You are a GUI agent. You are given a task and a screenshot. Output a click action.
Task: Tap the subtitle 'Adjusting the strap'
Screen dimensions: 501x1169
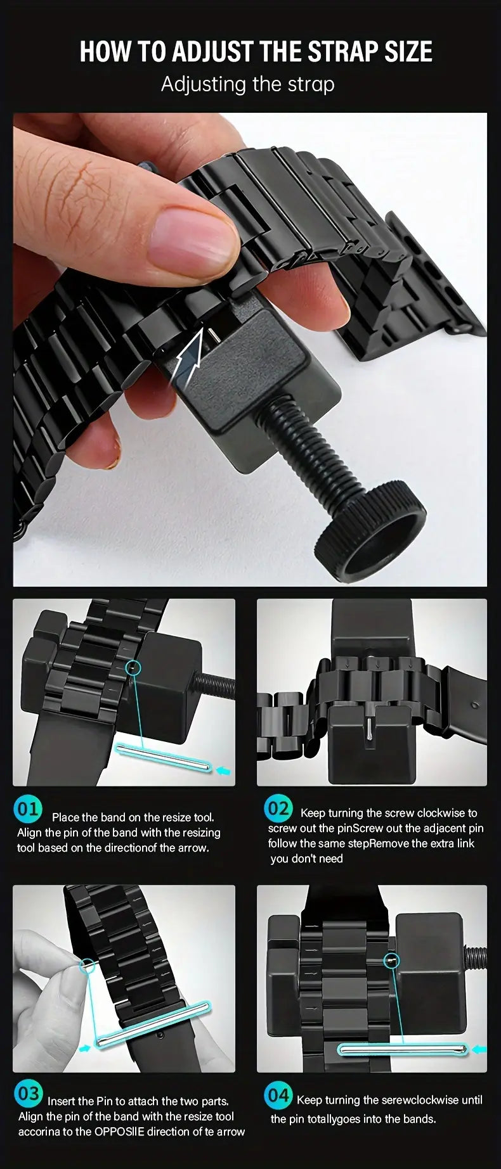pos(247,84)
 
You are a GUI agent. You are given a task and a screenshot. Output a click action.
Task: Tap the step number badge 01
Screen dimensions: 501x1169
pos(27,809)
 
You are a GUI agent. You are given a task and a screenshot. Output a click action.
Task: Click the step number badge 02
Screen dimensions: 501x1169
pos(278,808)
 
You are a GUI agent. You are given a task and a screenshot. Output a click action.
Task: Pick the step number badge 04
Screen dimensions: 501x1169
pos(278,1095)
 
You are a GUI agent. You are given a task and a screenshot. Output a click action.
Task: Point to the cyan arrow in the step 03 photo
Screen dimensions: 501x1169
pos(85,1047)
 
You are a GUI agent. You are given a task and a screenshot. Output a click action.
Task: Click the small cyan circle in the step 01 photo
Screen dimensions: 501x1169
pos(133,667)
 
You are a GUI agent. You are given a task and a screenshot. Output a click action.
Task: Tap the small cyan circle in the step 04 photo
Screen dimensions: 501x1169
pos(393,961)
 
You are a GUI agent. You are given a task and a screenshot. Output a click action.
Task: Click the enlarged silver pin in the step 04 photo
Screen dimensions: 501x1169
pos(403,1051)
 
